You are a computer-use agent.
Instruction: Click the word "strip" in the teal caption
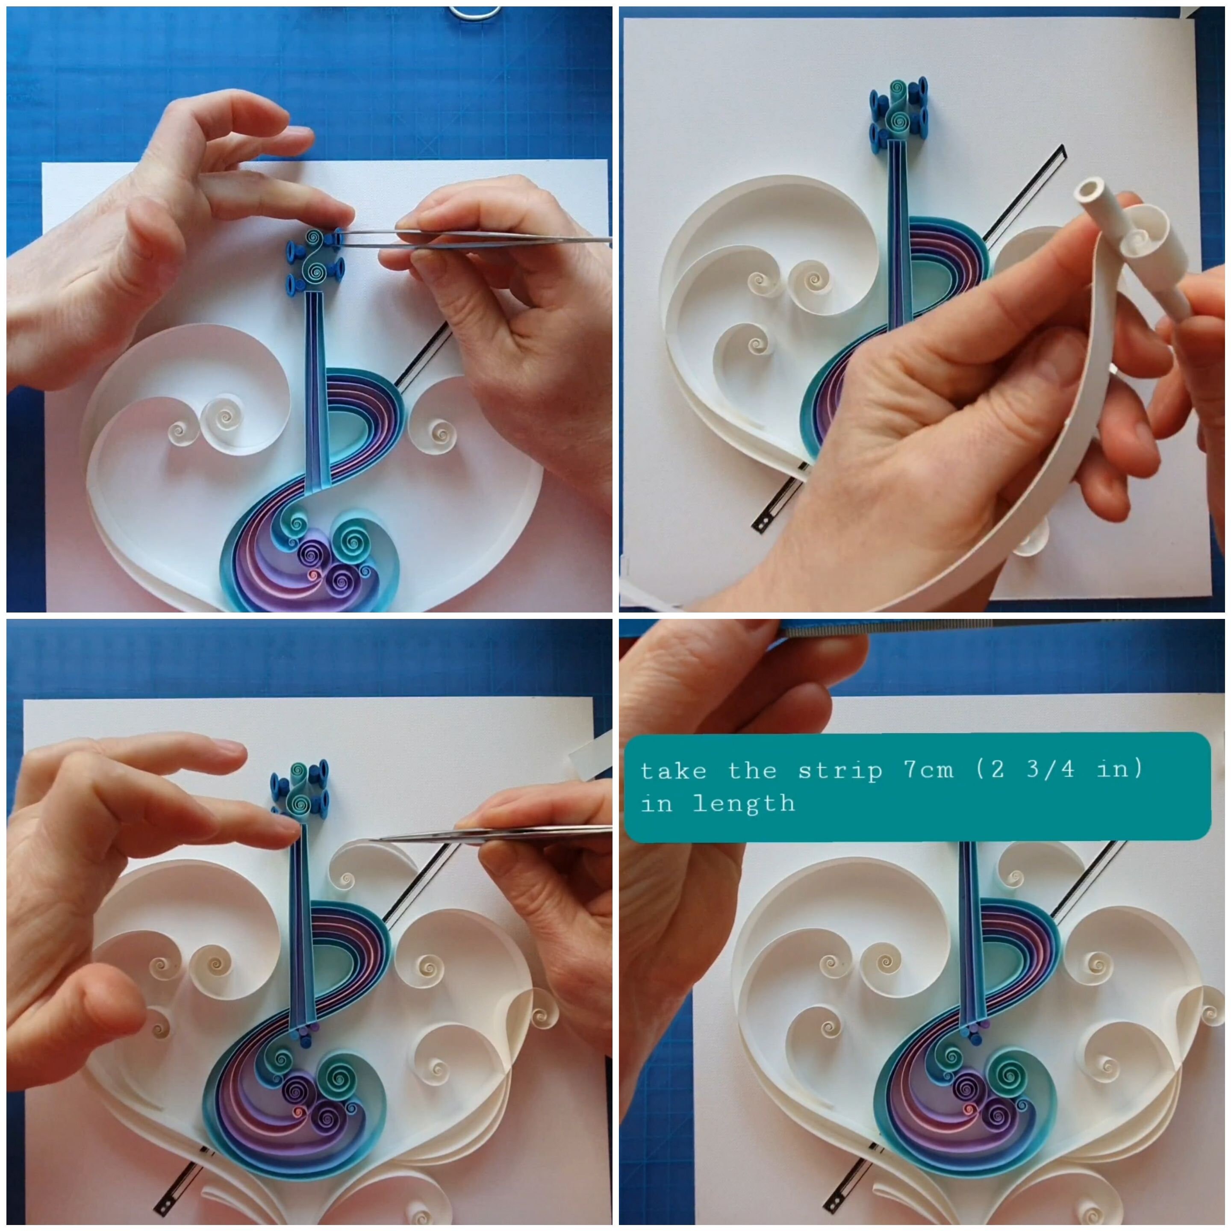(x=839, y=771)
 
